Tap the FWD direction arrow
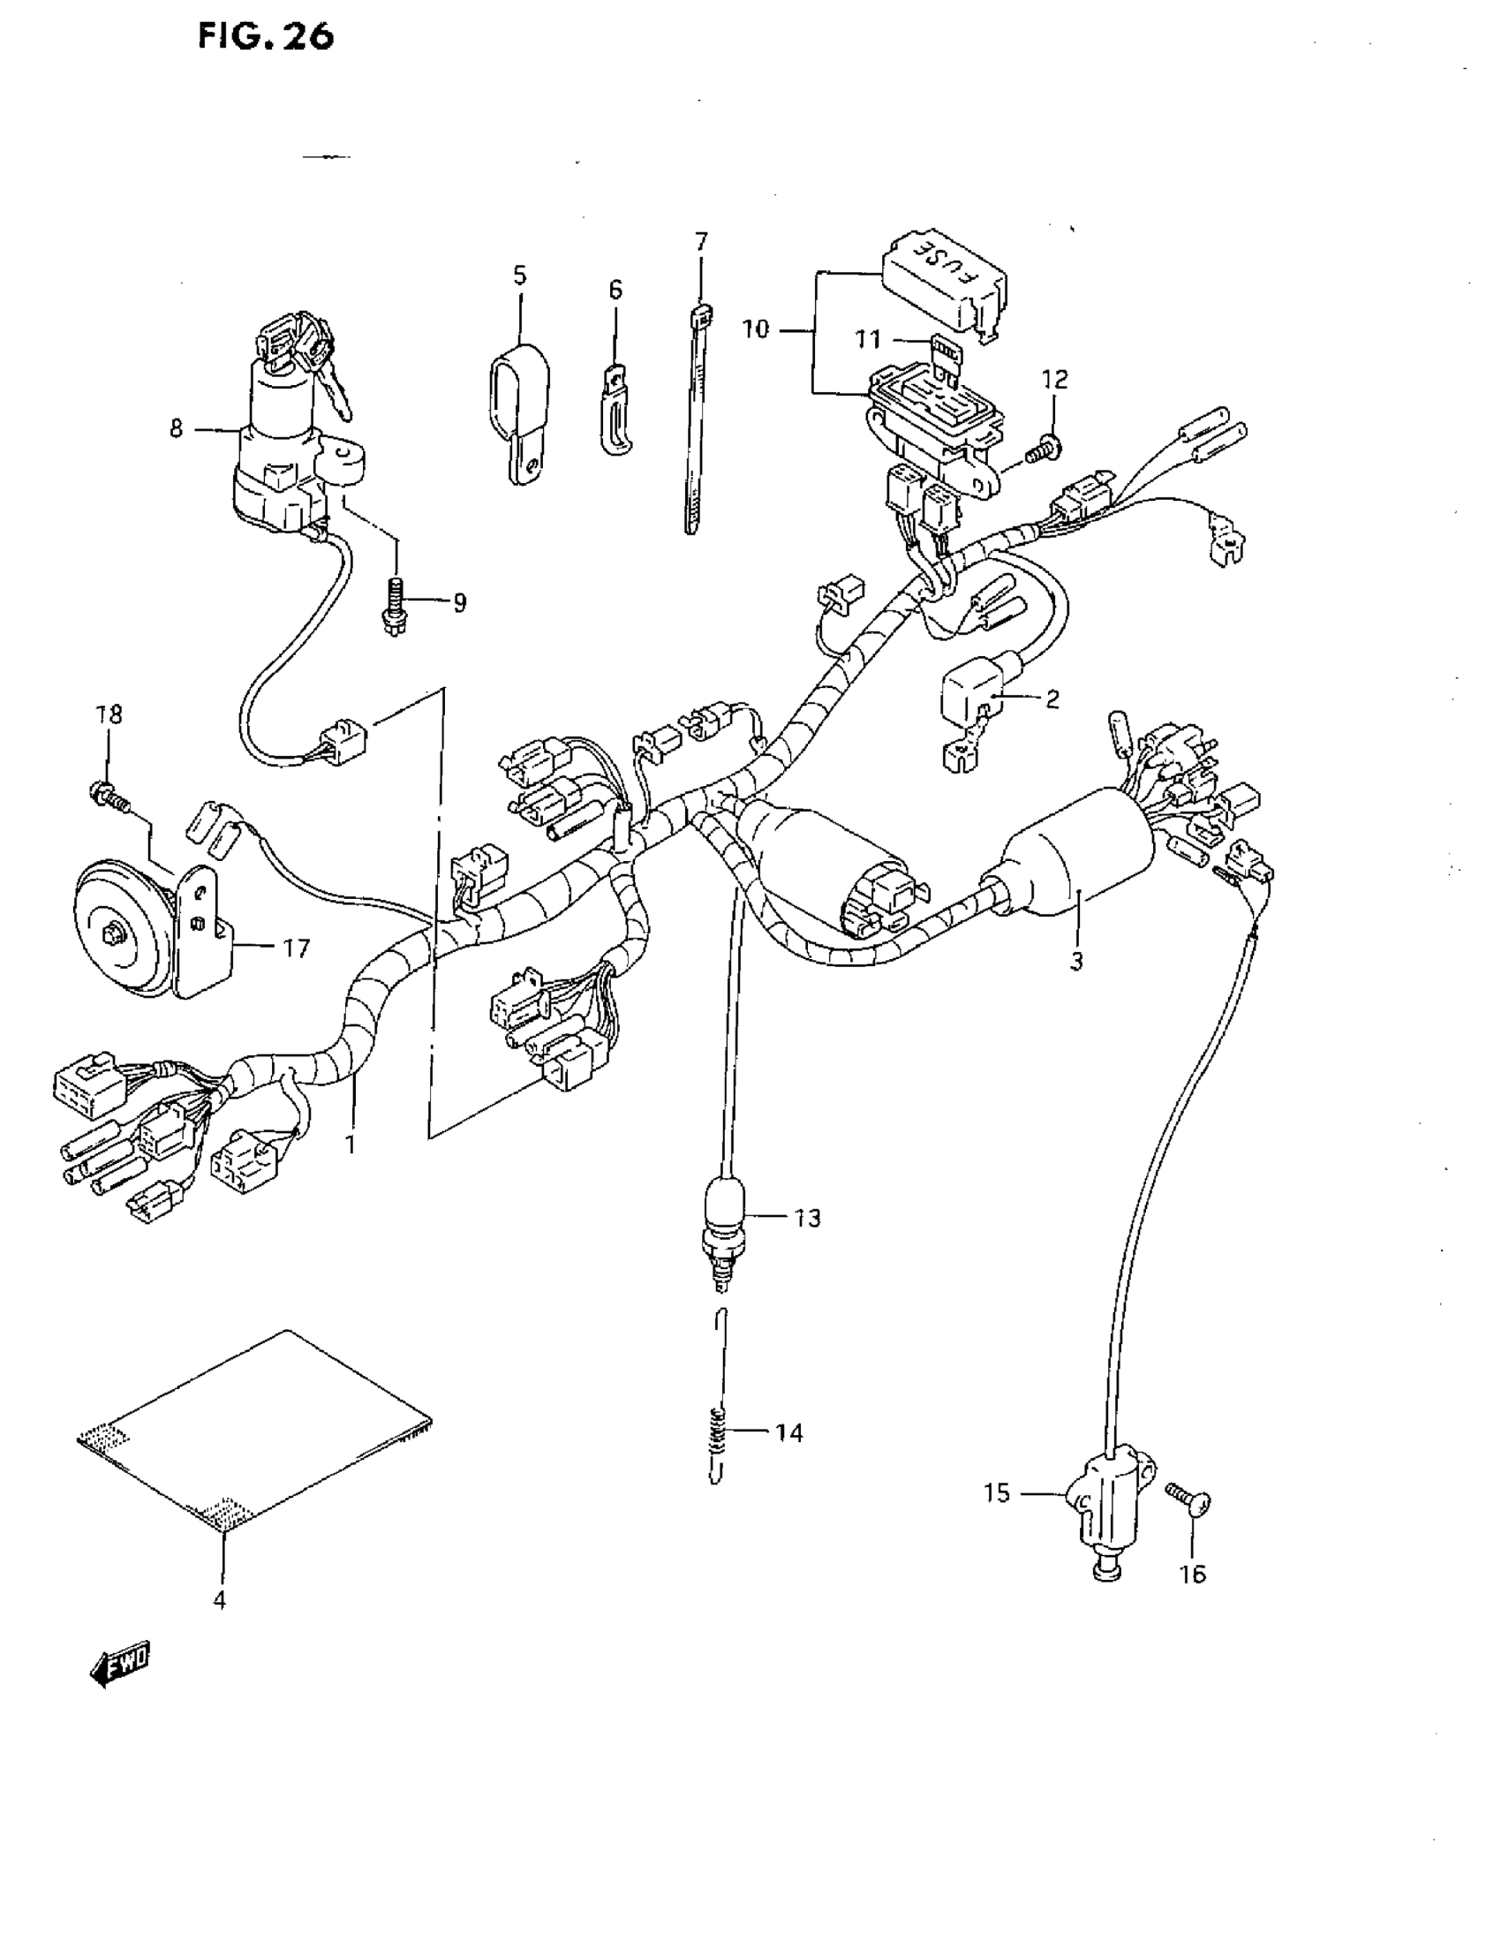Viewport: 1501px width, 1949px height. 119,1663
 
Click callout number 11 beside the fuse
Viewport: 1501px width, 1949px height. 868,339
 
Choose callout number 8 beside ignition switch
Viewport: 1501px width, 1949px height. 176,429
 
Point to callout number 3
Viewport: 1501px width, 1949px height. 1076,961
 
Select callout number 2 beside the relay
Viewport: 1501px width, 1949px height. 1052,700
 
